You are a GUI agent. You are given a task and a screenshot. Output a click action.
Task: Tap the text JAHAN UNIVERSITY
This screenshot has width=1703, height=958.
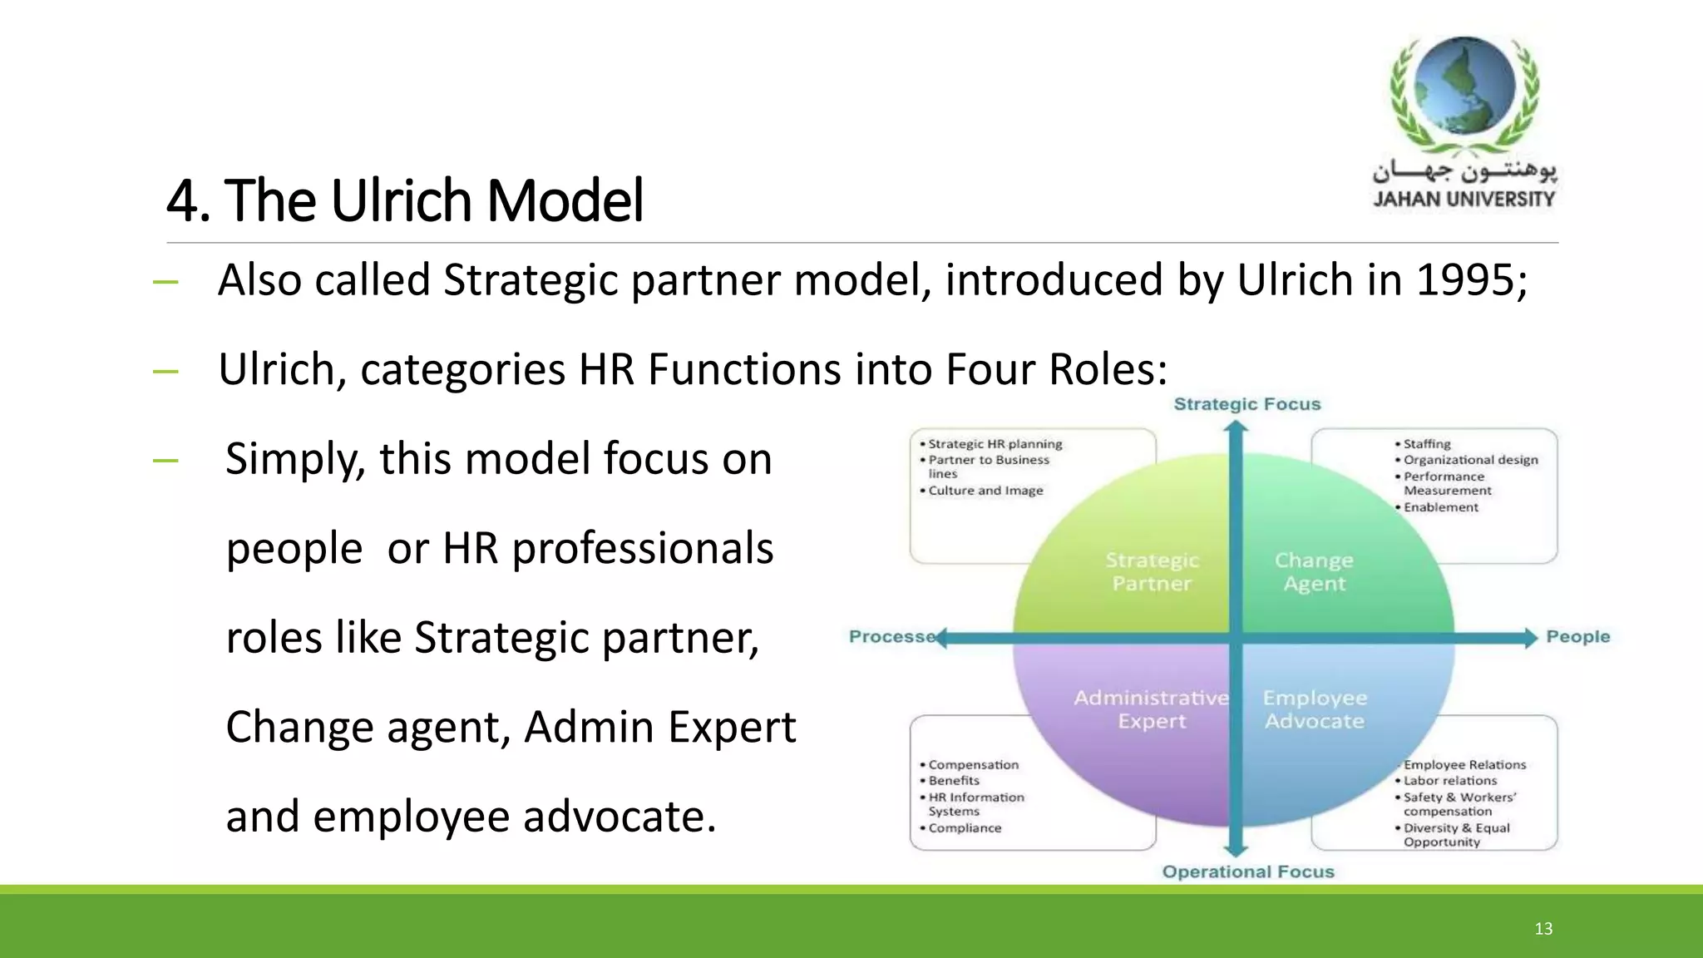coord(1464,200)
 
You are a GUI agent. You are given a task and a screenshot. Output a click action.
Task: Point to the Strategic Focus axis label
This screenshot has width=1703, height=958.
coord(1246,404)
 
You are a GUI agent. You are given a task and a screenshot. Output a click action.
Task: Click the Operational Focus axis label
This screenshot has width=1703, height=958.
coord(1247,872)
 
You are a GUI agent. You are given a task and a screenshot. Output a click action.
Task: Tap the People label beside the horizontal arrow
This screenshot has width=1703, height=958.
coord(1577,637)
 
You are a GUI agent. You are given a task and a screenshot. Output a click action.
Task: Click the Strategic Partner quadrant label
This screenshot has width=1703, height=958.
coord(1152,572)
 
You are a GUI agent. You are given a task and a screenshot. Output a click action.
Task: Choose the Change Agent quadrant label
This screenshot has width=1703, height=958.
coord(1314,572)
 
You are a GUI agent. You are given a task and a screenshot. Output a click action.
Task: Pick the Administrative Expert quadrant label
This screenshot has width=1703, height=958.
coord(1152,709)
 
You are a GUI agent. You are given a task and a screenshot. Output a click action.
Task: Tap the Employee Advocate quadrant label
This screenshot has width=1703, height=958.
coord(1315,709)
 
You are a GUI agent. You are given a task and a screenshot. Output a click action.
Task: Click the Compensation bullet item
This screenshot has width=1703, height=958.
coord(973,765)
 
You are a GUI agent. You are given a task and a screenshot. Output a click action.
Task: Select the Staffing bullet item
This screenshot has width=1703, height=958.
coord(1427,444)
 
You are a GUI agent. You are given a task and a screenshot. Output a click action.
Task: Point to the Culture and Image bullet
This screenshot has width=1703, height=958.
coord(985,491)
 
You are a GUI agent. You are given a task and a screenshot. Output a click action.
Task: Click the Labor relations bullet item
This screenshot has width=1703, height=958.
coord(1450,781)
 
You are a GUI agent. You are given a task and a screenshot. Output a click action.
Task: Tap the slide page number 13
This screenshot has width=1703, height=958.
coord(1543,929)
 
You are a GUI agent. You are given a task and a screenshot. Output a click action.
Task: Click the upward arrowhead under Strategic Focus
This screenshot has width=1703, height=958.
coord(1237,427)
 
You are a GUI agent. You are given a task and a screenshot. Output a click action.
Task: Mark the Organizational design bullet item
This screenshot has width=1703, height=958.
coord(1470,460)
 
